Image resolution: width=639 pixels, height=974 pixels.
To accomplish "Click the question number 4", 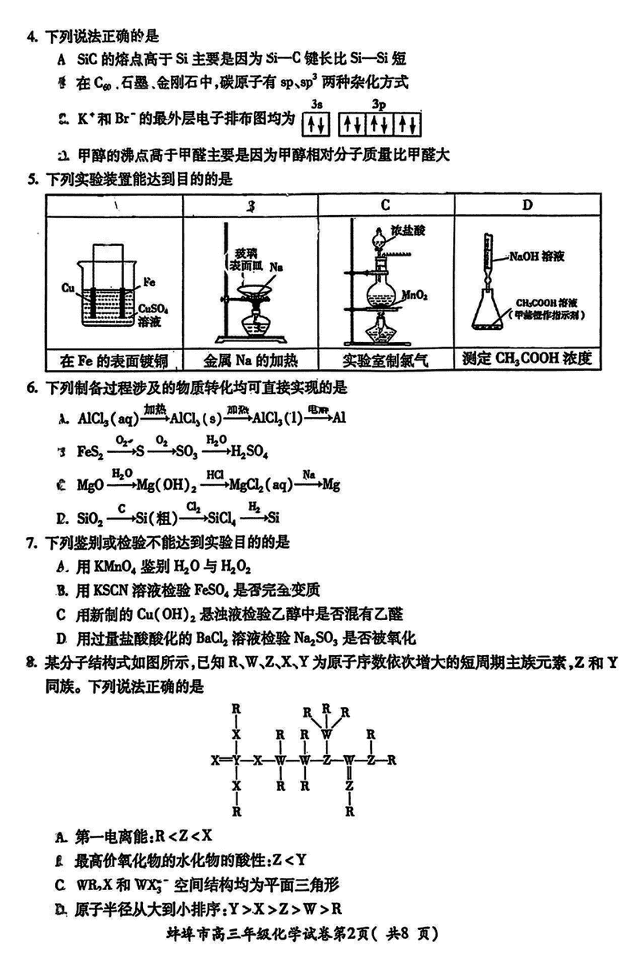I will point(31,36).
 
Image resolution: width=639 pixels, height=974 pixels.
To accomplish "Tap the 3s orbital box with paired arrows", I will point(316,125).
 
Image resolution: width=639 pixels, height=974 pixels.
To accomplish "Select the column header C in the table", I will point(385,205).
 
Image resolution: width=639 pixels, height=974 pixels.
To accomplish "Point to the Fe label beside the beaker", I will point(149,281).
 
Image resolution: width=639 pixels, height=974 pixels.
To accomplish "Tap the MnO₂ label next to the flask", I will point(416,294).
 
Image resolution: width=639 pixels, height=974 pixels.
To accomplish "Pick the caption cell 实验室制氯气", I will point(385,360).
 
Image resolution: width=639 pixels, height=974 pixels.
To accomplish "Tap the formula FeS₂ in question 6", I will point(89,452).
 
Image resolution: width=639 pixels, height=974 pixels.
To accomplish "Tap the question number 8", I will point(31,661).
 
